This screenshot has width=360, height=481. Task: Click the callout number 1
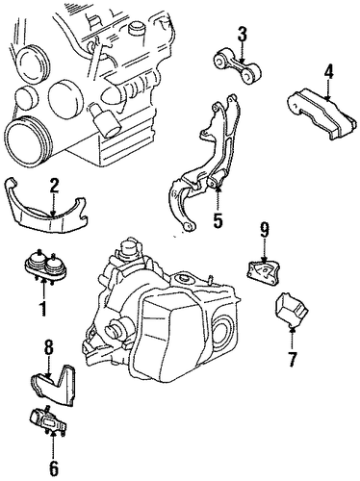[42, 308]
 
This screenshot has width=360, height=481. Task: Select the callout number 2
[54, 187]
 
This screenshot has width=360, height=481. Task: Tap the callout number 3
[243, 35]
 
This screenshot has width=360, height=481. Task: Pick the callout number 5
[218, 220]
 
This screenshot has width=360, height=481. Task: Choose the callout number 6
[54, 468]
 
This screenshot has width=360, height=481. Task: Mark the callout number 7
[292, 359]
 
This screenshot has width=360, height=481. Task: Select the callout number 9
[264, 230]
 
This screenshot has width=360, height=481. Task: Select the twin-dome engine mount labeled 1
[46, 266]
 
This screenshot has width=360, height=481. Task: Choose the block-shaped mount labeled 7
[291, 310]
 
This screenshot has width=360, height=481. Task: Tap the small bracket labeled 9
[263, 272]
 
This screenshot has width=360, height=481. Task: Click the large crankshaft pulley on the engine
[27, 141]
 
